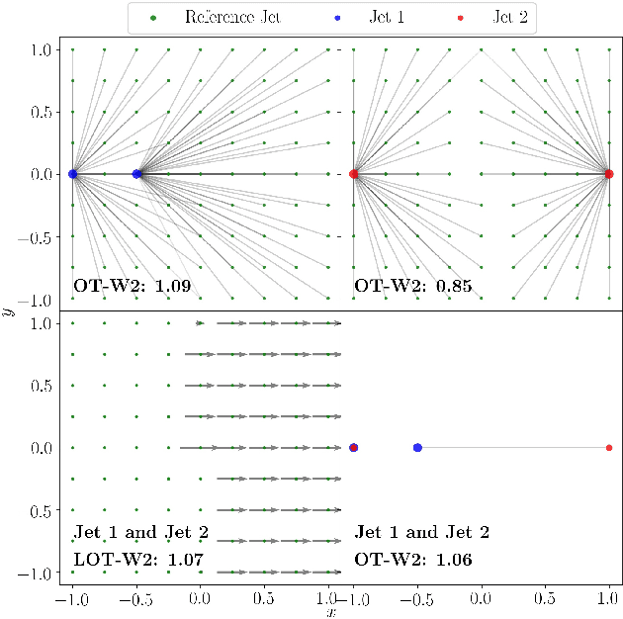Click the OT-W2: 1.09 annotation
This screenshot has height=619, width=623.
pos(133,288)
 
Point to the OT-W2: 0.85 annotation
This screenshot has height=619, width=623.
pos(412,288)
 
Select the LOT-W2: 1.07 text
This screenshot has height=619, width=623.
pos(138,560)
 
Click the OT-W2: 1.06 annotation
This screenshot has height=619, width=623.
pos(412,560)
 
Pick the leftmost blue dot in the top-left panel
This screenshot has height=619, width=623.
pos(73,174)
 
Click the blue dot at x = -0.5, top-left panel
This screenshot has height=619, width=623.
pos(136,174)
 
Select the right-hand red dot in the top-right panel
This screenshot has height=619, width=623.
pos(609,174)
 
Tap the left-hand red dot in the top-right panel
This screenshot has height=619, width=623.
pos(354,174)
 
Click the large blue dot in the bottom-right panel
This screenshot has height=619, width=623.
pos(417,448)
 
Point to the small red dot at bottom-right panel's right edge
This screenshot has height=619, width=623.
pos(609,448)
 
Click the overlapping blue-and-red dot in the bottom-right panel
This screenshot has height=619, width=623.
pos(354,448)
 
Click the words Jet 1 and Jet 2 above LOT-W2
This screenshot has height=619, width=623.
pos(140,533)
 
